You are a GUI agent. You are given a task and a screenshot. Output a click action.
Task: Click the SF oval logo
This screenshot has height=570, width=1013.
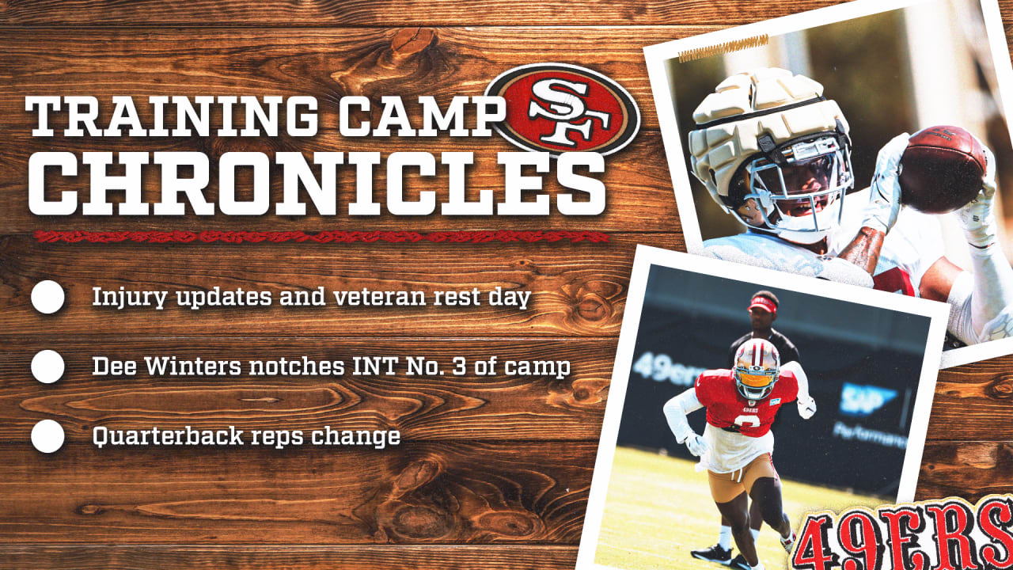click(563, 109)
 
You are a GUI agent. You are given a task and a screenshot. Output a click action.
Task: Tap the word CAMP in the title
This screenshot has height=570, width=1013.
click(422, 116)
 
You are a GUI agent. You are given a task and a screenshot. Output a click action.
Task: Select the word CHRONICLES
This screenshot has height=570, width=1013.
click(317, 184)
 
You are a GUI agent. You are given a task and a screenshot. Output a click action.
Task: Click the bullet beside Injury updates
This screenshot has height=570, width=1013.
click(48, 297)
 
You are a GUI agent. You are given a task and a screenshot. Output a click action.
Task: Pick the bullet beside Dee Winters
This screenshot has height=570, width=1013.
click(48, 367)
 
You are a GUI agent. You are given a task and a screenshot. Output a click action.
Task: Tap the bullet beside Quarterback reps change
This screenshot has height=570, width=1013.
click(48, 436)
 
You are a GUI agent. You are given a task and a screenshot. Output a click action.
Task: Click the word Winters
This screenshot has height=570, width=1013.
click(193, 366)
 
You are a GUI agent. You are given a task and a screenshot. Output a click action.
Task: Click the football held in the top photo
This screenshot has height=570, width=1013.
click(942, 169)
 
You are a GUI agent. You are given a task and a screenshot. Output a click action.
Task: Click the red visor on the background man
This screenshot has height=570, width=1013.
click(763, 305)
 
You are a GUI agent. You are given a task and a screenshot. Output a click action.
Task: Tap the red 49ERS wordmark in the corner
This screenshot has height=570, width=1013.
click(902, 536)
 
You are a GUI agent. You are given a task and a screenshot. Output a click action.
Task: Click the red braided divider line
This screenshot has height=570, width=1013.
click(321, 237)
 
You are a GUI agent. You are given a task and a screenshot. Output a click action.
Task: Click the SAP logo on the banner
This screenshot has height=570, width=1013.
click(866, 399)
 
